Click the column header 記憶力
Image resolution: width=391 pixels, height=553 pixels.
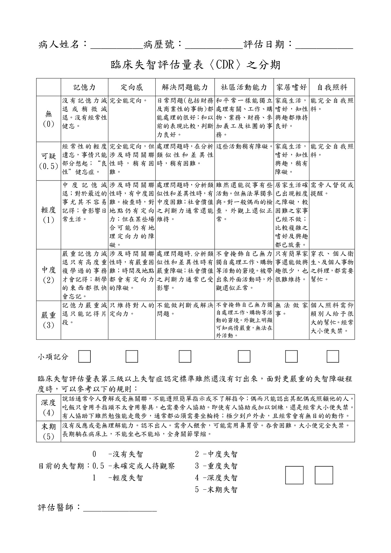84,87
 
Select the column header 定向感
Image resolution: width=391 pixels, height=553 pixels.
132,87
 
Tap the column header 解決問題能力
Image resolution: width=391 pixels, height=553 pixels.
185,87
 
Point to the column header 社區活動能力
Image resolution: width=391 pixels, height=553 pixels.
244,87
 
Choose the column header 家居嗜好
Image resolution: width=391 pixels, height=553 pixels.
291,87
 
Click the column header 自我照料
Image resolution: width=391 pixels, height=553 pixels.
332,87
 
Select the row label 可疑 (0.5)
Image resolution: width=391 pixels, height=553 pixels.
49,161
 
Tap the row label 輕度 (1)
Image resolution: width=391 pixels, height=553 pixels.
49,215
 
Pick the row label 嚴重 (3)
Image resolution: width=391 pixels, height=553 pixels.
49,320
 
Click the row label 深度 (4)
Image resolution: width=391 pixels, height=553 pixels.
49,407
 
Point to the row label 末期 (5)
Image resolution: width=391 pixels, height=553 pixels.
49,431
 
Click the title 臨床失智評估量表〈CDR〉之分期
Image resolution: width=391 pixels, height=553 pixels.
195,65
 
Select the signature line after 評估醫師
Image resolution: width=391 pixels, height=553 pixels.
120,508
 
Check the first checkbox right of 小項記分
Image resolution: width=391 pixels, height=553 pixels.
84,356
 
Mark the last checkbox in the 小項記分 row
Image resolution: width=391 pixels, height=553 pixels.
333,356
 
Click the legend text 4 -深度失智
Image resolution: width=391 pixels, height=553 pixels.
216,478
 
